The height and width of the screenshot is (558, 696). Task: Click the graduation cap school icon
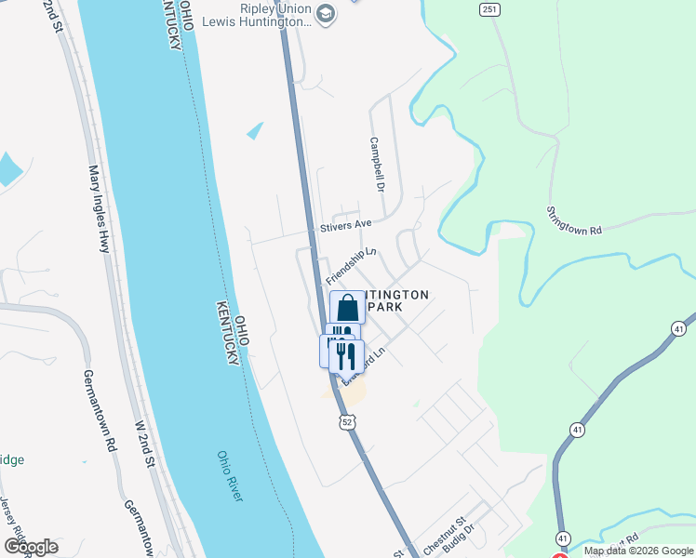[326, 13]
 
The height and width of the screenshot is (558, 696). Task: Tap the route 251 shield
[489, 9]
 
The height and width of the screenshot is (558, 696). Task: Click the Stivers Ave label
[345, 225]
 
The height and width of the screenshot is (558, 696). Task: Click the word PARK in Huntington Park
[388, 307]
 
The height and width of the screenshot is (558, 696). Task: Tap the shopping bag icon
[348, 308]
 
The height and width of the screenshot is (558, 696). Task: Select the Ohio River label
[230, 476]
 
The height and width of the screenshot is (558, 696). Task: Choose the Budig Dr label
[462, 541]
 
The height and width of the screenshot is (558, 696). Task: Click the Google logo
[31, 547]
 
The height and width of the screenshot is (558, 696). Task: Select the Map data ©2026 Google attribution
[638, 551]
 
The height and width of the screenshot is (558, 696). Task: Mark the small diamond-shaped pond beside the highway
[255, 130]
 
